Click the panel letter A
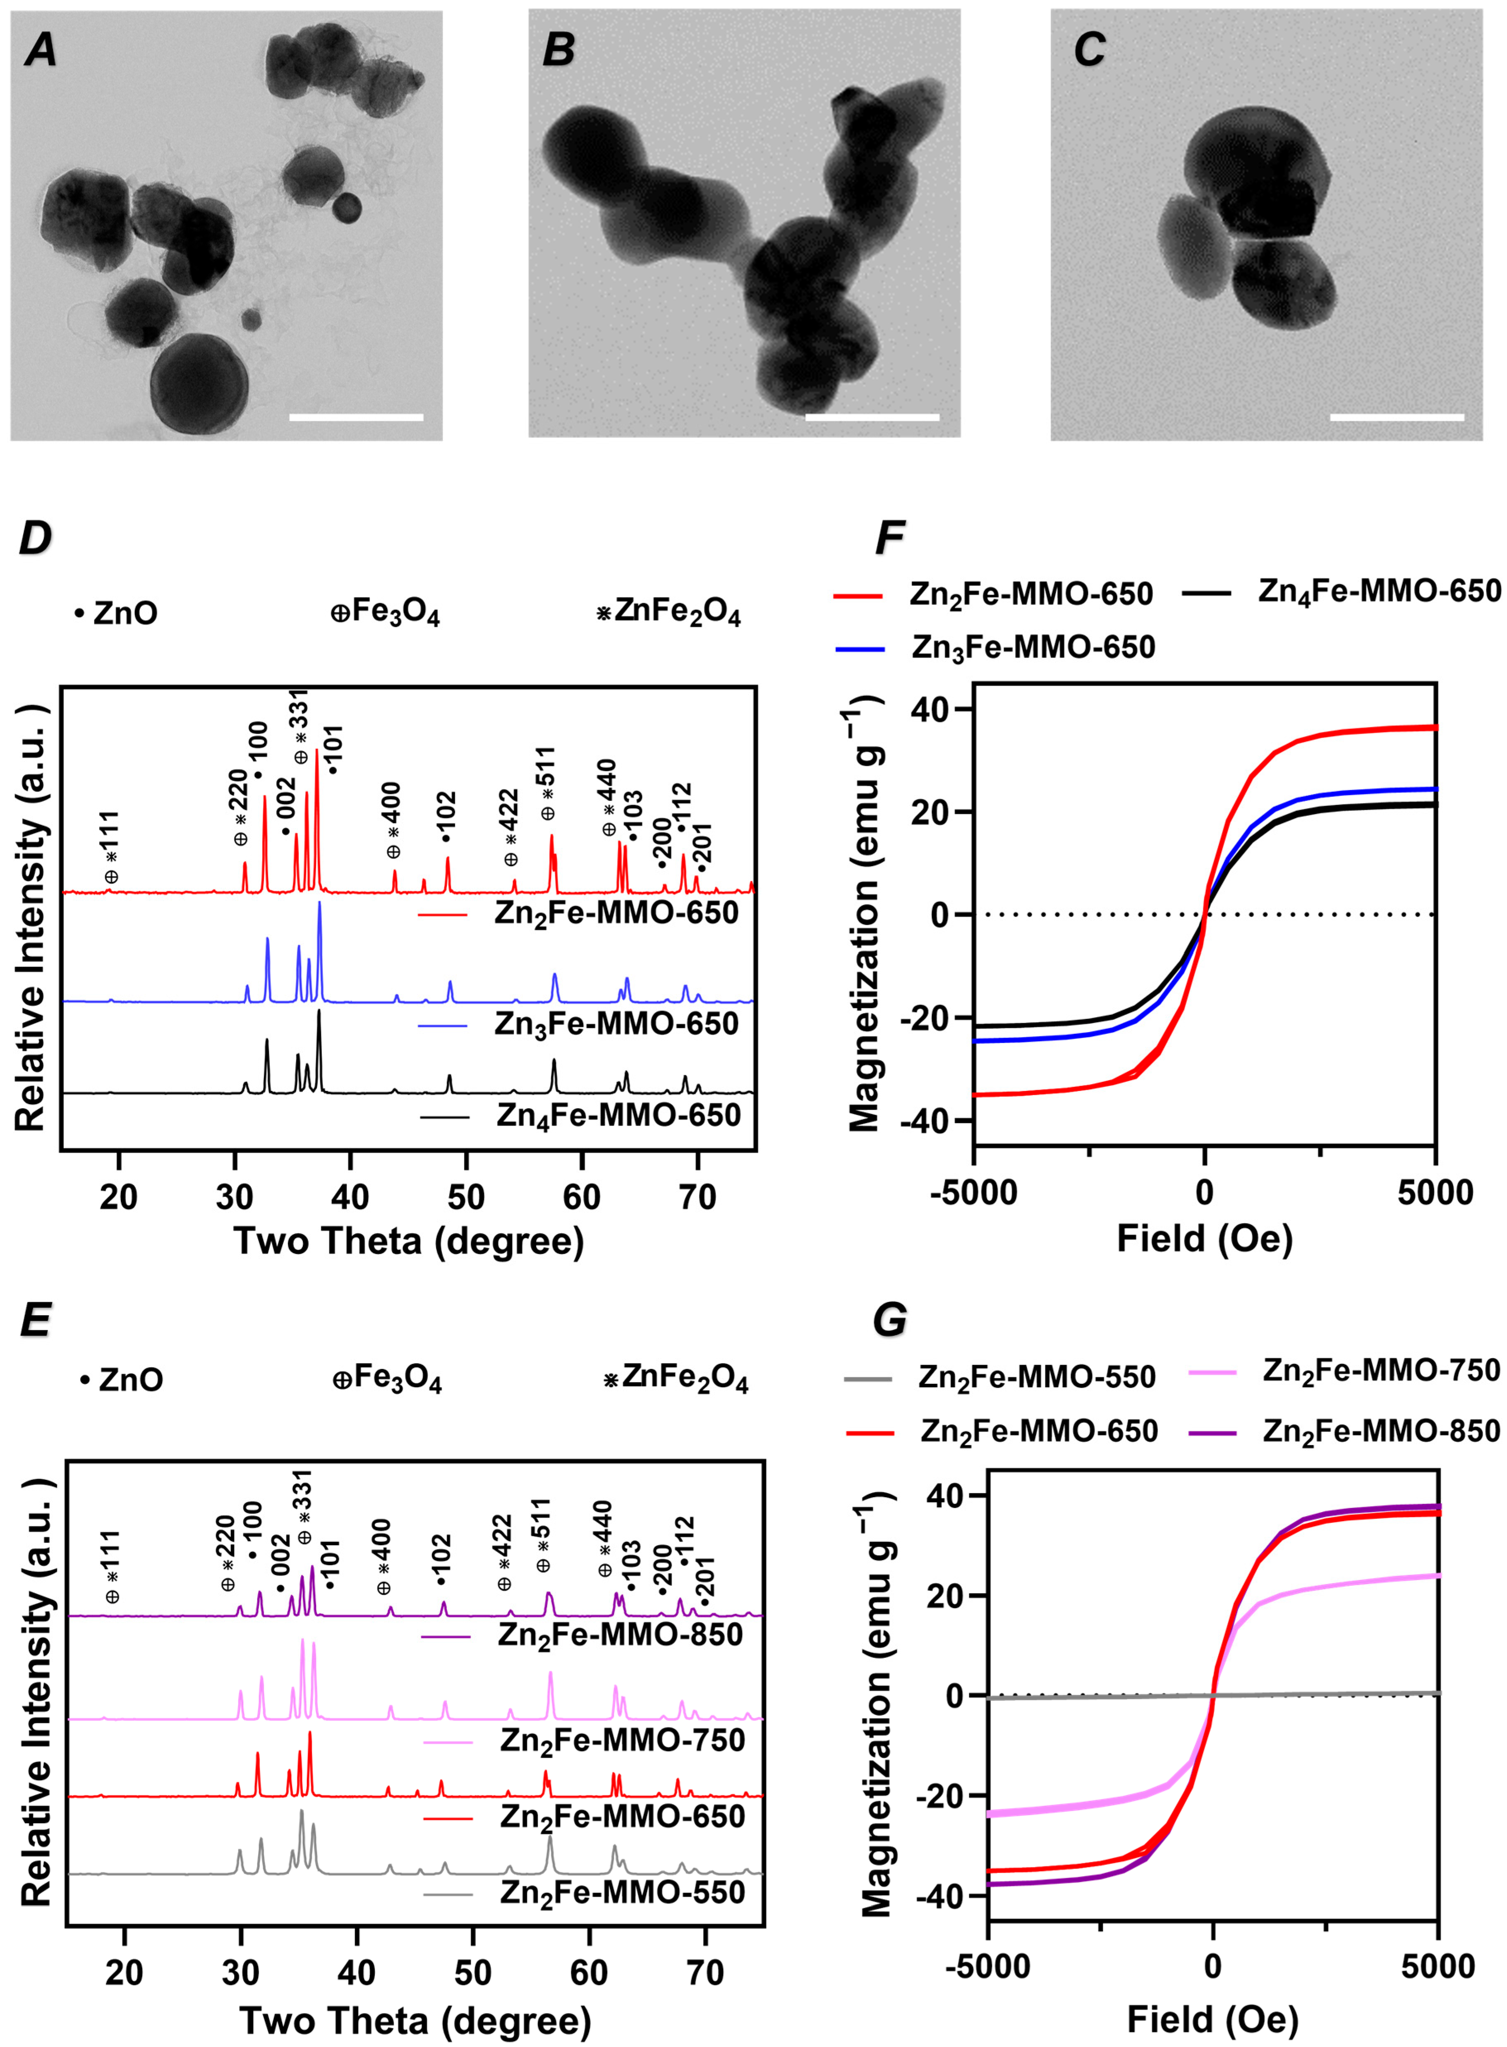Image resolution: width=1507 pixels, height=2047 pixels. click(40, 50)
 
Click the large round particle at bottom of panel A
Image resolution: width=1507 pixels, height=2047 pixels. click(199, 383)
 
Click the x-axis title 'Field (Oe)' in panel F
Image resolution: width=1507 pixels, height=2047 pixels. click(1204, 1238)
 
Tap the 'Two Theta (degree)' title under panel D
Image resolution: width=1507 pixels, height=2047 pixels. click(409, 1241)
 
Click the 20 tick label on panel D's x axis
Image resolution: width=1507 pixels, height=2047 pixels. click(119, 1196)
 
